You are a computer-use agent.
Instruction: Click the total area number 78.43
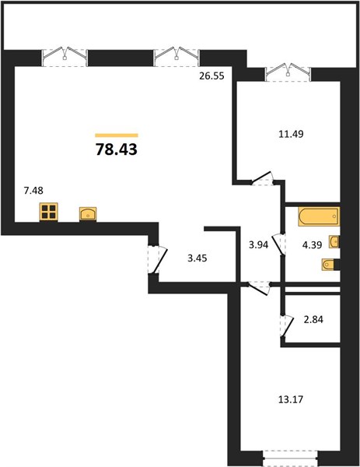click(117, 149)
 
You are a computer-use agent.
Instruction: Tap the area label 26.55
click(211, 76)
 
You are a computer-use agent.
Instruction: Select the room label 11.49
click(291, 134)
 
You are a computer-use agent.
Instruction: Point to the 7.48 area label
click(33, 190)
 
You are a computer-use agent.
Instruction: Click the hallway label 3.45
click(197, 258)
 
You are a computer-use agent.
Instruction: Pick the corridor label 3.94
click(259, 245)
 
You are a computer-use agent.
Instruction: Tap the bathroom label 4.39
click(312, 245)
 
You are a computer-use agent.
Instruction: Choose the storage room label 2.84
click(313, 320)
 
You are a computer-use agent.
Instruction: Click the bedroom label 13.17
click(291, 399)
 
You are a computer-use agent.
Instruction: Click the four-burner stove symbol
click(48, 212)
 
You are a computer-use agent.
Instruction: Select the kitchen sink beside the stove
click(88, 214)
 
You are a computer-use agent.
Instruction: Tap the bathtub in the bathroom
click(319, 216)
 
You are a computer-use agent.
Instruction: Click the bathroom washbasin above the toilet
click(334, 241)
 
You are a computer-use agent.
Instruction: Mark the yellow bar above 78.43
click(117, 135)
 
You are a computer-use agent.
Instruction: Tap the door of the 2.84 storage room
click(287, 326)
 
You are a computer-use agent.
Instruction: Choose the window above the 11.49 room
click(288, 72)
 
